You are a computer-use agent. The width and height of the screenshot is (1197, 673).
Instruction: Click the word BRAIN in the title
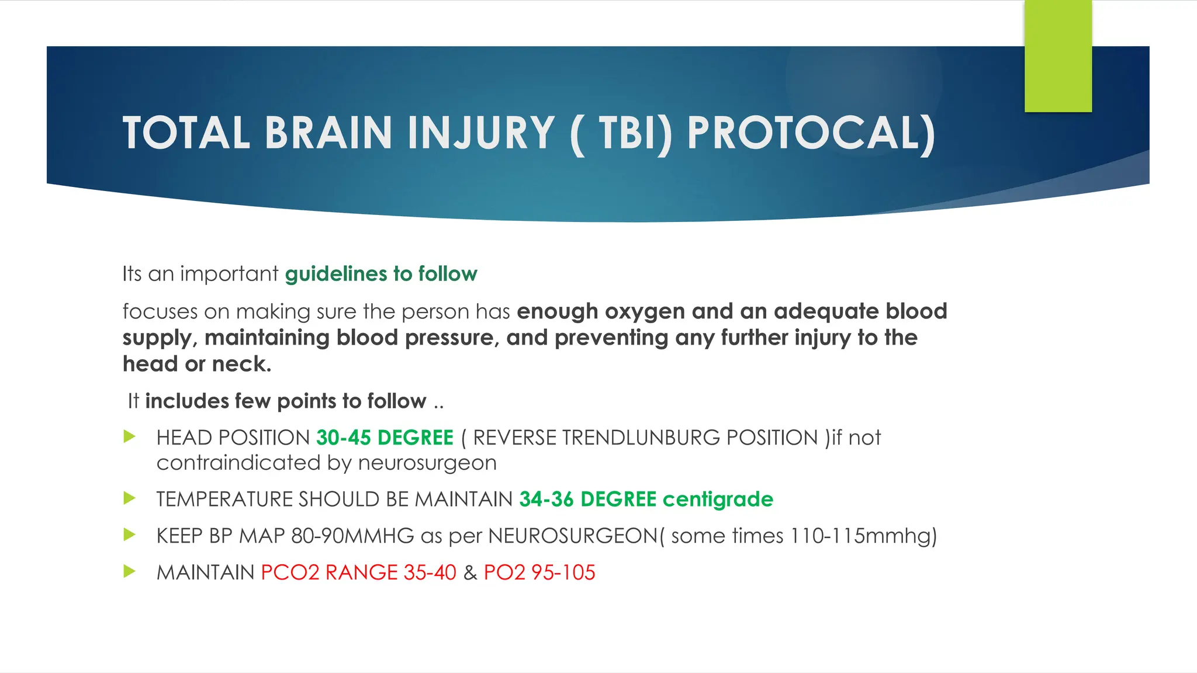pos(328,133)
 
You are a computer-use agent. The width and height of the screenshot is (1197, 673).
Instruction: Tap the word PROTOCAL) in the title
pos(811,133)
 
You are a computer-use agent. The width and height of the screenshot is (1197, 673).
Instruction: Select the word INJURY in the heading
pos(480,133)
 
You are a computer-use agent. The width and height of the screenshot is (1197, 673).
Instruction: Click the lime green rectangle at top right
pos(1058,56)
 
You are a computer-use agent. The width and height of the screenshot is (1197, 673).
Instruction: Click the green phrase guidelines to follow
pos(381,274)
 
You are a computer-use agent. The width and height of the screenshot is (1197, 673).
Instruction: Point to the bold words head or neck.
pos(197,364)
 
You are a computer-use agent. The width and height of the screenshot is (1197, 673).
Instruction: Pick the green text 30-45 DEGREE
pos(385,438)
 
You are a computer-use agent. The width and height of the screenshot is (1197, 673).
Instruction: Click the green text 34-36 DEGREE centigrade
pos(646,499)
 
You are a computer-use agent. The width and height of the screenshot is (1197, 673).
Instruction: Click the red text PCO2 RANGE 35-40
pos(358,573)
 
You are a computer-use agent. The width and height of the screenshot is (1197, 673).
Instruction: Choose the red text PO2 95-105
pos(539,573)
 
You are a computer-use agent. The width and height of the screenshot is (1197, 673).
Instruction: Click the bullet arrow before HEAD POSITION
pos(130,436)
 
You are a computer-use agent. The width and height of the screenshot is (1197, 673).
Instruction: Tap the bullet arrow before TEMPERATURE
pos(130,498)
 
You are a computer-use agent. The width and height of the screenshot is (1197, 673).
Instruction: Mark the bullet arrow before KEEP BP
pos(130,535)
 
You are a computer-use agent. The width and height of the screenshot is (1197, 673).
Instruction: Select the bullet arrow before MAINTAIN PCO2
pos(130,571)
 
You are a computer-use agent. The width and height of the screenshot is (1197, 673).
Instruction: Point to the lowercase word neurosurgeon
pos(427,463)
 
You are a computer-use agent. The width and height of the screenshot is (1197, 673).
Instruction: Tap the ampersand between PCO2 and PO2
pos(470,573)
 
